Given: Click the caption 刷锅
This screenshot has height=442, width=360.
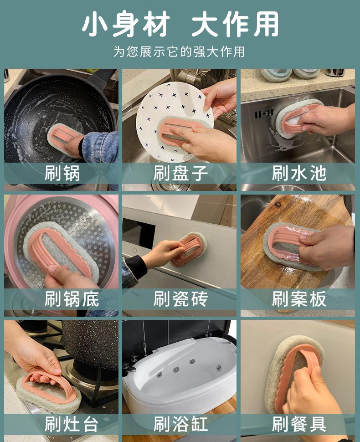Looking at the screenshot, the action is point(62,173).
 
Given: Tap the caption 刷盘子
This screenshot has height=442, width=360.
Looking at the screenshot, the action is point(181,173).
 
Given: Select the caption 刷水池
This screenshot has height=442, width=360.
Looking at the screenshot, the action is point(299,173).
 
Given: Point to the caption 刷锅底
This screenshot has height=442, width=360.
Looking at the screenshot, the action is point(72,299).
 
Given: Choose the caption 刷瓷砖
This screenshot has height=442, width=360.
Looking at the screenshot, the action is point(181,299).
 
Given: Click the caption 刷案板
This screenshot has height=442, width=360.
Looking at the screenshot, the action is point(299,299).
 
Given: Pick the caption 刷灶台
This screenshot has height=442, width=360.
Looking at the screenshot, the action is point(72,424).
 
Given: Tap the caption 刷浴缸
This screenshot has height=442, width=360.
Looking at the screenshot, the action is point(181,424).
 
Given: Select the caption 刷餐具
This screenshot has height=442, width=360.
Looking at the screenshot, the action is point(299,424).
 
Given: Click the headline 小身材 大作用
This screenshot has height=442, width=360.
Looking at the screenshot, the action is point(180,24).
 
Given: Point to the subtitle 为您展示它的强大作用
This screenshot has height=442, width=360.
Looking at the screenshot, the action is point(179,51).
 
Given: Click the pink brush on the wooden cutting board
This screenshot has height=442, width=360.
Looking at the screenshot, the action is point(290,245).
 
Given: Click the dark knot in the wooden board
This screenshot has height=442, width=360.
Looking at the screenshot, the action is point(278,205).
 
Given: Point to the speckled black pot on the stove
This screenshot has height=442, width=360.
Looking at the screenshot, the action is point(90,344).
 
